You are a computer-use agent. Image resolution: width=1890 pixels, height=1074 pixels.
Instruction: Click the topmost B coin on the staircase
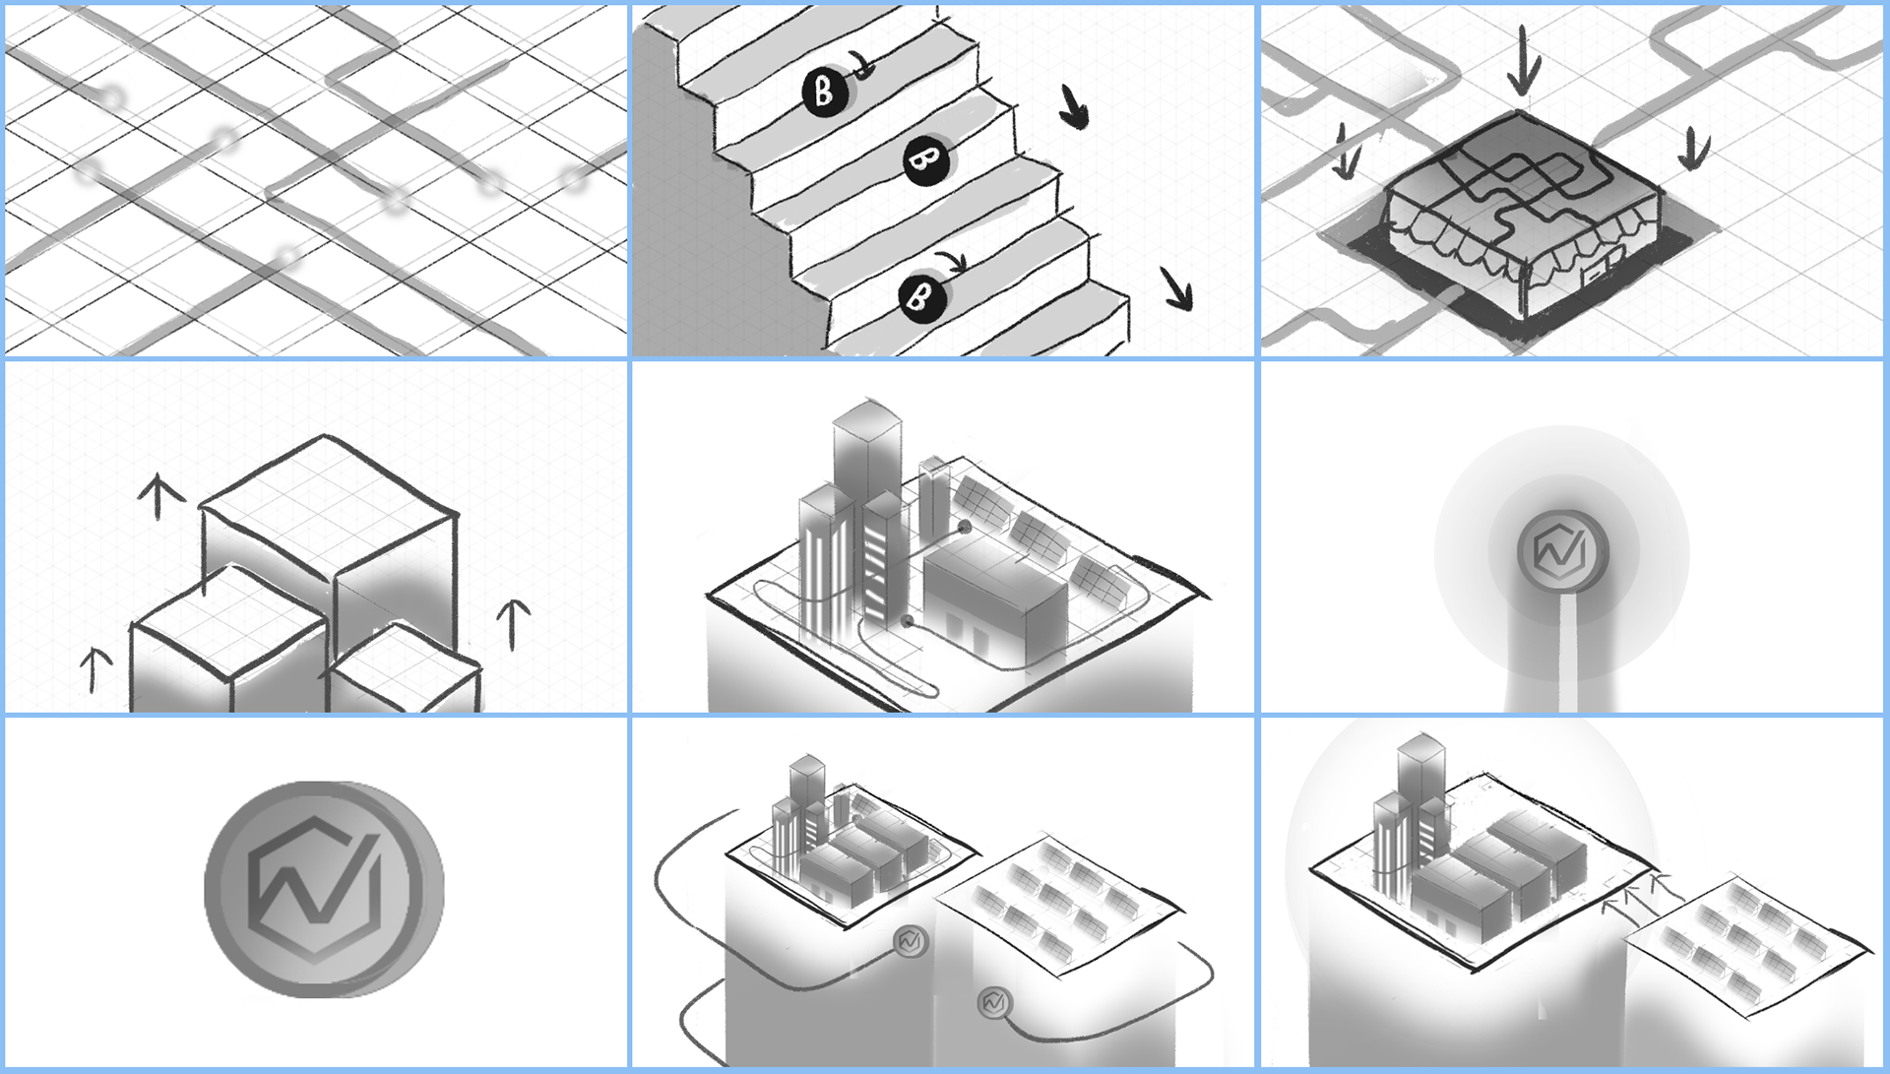point(825,93)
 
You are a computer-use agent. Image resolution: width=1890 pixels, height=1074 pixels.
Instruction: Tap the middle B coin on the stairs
point(926,159)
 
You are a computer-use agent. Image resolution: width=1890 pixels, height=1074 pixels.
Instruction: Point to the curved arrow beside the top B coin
point(863,65)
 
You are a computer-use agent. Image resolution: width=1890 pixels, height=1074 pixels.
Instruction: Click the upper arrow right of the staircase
point(1074,106)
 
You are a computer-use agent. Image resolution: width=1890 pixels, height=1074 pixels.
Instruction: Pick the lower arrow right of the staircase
point(1176,287)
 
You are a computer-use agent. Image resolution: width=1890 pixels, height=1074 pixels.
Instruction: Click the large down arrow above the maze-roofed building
point(1523,59)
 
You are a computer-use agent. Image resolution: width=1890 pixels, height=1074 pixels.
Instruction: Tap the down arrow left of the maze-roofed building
point(1346,152)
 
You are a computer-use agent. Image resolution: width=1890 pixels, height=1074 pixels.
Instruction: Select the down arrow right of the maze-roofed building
point(1694,149)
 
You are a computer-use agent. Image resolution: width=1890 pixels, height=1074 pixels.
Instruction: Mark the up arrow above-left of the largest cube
point(158,496)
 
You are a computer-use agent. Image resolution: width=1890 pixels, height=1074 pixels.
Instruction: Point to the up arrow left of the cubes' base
point(94,669)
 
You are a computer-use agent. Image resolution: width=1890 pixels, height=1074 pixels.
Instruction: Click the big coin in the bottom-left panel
point(324,889)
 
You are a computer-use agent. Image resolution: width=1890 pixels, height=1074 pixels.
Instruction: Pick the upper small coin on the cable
point(911,942)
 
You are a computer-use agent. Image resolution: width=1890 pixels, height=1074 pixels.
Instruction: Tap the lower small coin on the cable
point(994,1003)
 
